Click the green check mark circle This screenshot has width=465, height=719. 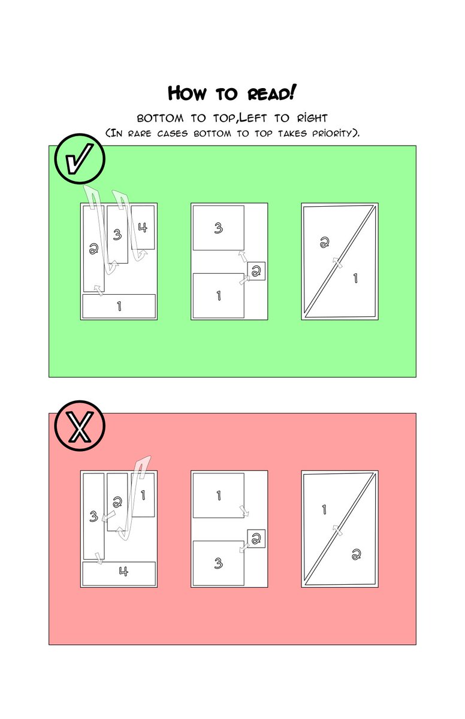tap(80, 159)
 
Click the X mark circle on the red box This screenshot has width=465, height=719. tap(80, 426)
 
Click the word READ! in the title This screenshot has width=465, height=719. tap(271, 93)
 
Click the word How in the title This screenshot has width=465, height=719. tap(187, 93)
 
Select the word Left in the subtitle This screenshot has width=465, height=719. tap(253, 118)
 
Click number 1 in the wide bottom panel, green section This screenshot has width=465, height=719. tap(119, 306)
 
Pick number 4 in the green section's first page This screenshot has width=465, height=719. tap(143, 228)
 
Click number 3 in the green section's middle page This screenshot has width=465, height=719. tap(218, 228)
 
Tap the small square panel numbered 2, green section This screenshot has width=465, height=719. tap(256, 271)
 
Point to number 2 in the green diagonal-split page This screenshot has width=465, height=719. tap(324, 242)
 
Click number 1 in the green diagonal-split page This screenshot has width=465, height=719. tap(355, 278)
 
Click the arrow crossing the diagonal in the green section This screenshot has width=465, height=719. tap(337, 262)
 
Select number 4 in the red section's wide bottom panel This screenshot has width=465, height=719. tap(123, 572)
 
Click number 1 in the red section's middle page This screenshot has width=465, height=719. tap(219, 496)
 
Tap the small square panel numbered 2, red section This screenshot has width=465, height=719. tap(256, 539)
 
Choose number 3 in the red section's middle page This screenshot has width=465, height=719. tap(218, 563)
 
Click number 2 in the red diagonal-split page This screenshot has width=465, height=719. tap(356, 554)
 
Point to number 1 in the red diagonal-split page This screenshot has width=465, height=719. tap(324, 509)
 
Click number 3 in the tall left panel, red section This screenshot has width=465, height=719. tap(93, 516)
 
